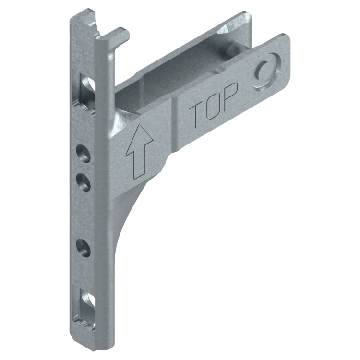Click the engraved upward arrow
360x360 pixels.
pos(138,152)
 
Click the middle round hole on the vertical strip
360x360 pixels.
pos(83,182)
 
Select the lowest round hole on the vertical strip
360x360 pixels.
pos(83,248)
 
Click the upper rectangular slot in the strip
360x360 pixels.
pos(84,91)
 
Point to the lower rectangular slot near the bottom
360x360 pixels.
pos(84,307)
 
